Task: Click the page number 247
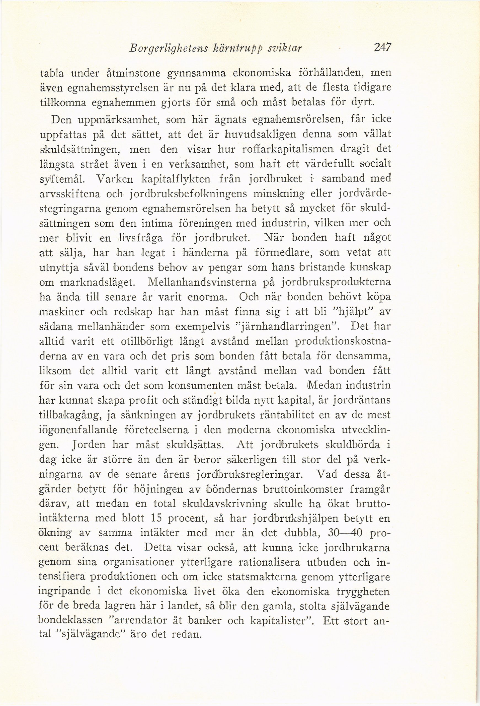(x=382, y=48)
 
